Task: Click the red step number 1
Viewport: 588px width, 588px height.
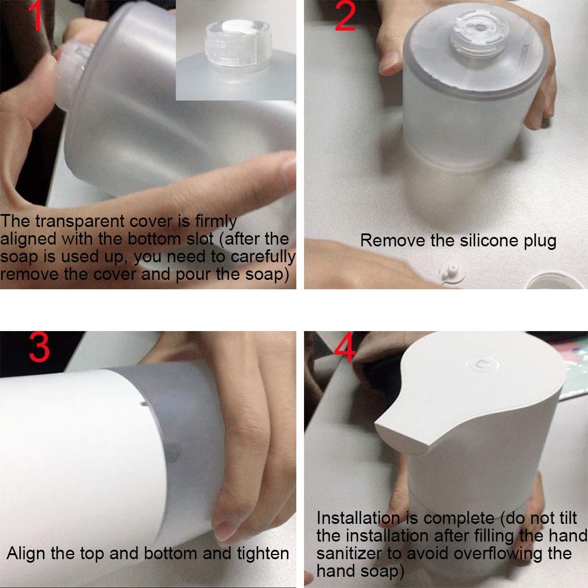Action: [36, 15]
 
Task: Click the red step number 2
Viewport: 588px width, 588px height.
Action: [345, 15]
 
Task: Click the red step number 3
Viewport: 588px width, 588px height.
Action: [39, 347]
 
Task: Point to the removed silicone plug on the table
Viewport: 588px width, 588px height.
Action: [452, 272]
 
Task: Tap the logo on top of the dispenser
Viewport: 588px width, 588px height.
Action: [483, 363]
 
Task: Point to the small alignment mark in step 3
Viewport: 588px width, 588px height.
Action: [143, 404]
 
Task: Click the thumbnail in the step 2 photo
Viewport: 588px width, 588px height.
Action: [389, 62]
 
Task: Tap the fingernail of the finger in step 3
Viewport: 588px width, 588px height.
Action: [223, 529]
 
